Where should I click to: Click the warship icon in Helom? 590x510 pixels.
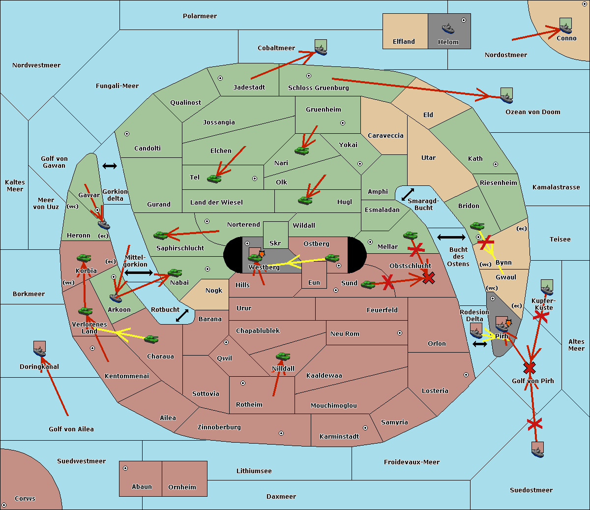[448, 29]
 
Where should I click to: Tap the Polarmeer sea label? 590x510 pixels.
[200, 16]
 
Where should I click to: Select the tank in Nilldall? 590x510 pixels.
[283, 357]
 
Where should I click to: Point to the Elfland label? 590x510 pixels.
[404, 42]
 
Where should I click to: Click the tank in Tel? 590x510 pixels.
[214, 179]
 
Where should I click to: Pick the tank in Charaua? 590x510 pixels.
[151, 339]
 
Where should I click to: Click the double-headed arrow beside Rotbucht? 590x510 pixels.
[182, 315]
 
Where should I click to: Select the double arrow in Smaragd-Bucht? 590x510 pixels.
[408, 194]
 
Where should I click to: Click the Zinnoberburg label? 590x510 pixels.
[219, 427]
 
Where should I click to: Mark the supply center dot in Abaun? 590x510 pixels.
[125, 468]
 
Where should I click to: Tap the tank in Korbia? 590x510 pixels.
[84, 258]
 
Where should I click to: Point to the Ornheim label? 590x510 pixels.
[182, 487]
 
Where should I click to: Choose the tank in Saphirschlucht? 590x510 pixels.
[160, 235]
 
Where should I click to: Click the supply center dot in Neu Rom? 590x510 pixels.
[400, 333]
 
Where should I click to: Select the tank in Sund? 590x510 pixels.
[368, 285]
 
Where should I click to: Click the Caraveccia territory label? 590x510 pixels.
[385, 136]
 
